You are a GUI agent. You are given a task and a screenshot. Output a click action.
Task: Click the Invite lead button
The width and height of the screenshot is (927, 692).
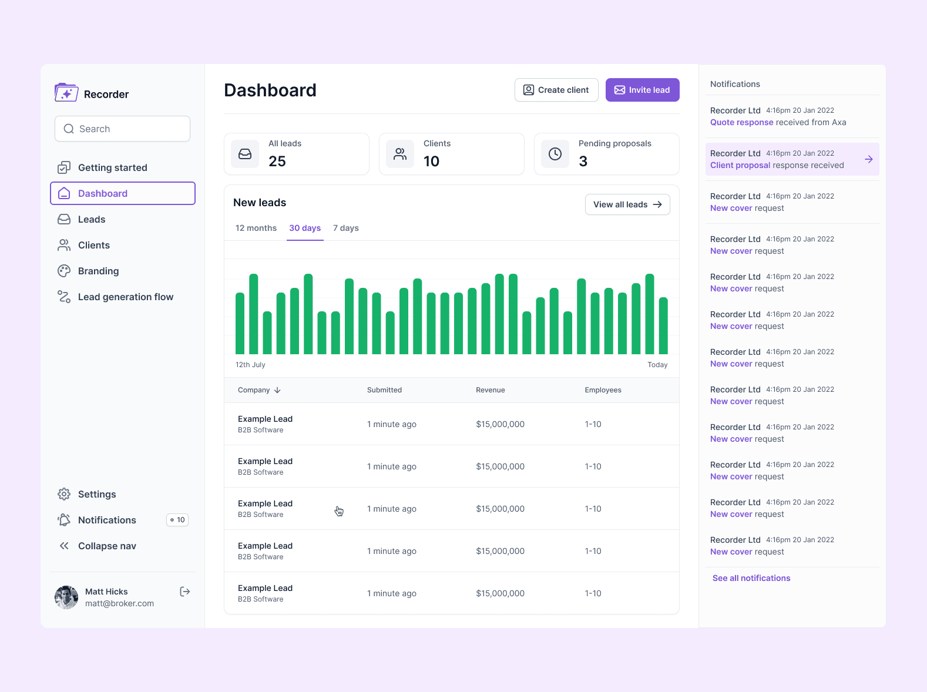pyautogui.click(x=642, y=90)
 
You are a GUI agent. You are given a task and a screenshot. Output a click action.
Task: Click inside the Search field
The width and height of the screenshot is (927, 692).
pyautogui.click(x=129, y=129)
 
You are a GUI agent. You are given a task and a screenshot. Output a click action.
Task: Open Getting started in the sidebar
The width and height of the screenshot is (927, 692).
pyautogui.click(x=112, y=167)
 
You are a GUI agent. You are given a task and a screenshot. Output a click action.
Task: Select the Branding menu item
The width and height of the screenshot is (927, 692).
pyautogui.click(x=98, y=271)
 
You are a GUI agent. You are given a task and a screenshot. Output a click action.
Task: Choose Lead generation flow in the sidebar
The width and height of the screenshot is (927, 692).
pyautogui.click(x=125, y=297)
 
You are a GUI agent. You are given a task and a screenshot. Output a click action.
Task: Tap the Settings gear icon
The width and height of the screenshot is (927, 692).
pyautogui.click(x=64, y=494)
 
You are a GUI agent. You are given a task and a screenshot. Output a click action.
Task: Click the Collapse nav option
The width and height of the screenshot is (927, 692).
pyautogui.click(x=106, y=546)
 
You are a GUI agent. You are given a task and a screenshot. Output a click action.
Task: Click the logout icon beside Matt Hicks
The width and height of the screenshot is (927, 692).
pyautogui.click(x=185, y=592)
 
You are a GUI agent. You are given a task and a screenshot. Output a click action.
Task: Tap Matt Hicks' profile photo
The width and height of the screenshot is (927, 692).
pyautogui.click(x=66, y=597)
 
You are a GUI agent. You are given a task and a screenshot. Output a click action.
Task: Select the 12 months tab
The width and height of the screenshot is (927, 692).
pyautogui.click(x=256, y=228)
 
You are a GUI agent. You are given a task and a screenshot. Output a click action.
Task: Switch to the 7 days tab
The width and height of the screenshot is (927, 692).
pyautogui.click(x=345, y=228)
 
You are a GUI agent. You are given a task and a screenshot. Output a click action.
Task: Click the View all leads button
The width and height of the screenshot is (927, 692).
pyautogui.click(x=627, y=204)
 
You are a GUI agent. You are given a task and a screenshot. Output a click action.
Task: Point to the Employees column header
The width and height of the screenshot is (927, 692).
pyautogui.click(x=603, y=390)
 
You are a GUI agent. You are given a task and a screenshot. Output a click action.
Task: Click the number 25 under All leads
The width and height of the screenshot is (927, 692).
pyautogui.click(x=277, y=162)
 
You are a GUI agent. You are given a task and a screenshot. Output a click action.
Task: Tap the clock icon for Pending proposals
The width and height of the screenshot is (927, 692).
pyautogui.click(x=555, y=154)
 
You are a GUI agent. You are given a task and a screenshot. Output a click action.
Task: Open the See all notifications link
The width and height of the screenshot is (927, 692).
pyautogui.click(x=751, y=578)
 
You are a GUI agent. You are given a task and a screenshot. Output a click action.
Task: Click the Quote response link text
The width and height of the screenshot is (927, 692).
pyautogui.click(x=741, y=122)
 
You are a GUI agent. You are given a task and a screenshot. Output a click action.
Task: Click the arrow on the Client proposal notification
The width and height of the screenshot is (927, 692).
pyautogui.click(x=869, y=159)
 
